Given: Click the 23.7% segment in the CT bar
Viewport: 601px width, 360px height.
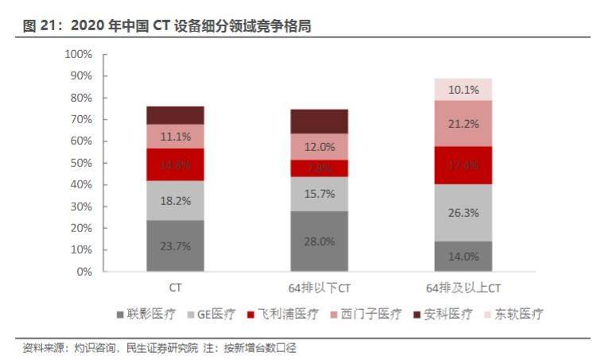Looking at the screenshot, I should coord(175,246).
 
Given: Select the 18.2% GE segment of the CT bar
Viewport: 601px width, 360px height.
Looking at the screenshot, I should coord(175,200).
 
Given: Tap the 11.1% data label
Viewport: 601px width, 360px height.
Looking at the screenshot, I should coord(175,137).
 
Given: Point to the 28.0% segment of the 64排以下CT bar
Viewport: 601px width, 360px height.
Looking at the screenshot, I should coord(319,241).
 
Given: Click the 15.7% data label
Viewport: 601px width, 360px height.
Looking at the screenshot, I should coord(319,194).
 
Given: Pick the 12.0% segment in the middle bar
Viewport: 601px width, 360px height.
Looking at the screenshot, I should coord(319,147).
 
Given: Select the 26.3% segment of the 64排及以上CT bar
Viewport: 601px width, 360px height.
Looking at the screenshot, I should coord(463,212).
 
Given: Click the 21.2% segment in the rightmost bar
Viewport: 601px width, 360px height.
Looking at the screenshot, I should coord(463,123).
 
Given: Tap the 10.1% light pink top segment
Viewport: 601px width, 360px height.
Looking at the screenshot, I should coord(463,90).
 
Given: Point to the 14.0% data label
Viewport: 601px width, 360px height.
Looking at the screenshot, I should coord(463,256).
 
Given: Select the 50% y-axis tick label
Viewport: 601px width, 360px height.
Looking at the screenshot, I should coord(80,163).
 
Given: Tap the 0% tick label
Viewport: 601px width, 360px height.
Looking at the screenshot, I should coord(83,272).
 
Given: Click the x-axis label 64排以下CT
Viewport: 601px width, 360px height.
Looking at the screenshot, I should coord(319,287).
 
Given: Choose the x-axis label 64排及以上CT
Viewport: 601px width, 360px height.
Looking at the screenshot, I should coord(463,287).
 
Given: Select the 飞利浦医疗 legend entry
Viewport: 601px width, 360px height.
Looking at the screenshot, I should coord(283,314).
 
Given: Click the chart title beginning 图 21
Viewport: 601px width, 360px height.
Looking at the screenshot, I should coord(167,26).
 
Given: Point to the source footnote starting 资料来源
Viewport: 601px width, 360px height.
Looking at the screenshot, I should coord(159,348).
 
